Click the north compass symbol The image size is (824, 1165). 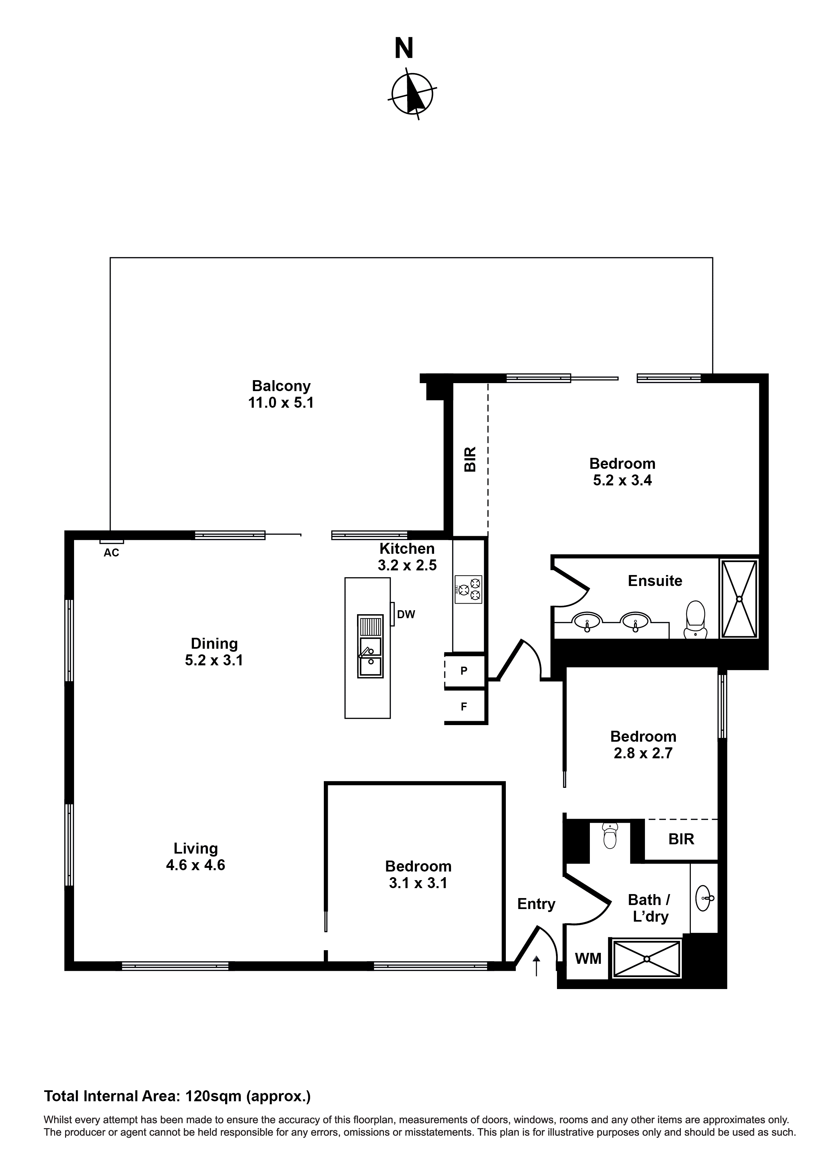[412, 94]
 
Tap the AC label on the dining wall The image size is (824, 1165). [111, 552]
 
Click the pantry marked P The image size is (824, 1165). [464, 671]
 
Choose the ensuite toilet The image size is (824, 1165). [695, 620]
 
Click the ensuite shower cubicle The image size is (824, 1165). [739, 599]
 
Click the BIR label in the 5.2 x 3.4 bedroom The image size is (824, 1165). [470, 459]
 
